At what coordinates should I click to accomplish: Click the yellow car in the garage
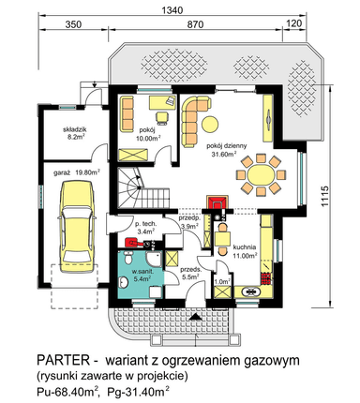coord(76,227)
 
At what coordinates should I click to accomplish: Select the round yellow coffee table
coord(210,124)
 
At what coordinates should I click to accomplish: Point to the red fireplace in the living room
coord(217,202)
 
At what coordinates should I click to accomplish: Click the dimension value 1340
coord(172,10)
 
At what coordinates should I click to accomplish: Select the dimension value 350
coord(73,24)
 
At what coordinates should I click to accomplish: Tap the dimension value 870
coord(195,24)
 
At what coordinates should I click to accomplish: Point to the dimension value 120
coord(294,23)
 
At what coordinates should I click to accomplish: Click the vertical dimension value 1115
coord(324,196)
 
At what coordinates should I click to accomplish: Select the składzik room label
coord(74,129)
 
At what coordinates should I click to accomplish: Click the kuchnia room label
coord(245,247)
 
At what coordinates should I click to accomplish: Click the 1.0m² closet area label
coord(222,281)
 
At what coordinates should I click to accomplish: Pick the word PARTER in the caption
coord(63,360)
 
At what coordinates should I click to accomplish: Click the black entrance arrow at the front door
coord(196,317)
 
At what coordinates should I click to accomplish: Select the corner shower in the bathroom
coord(154,259)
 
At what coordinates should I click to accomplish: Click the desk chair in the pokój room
coord(162,117)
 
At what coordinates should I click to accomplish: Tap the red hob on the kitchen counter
coord(265,278)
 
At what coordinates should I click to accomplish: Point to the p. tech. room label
coord(146,224)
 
